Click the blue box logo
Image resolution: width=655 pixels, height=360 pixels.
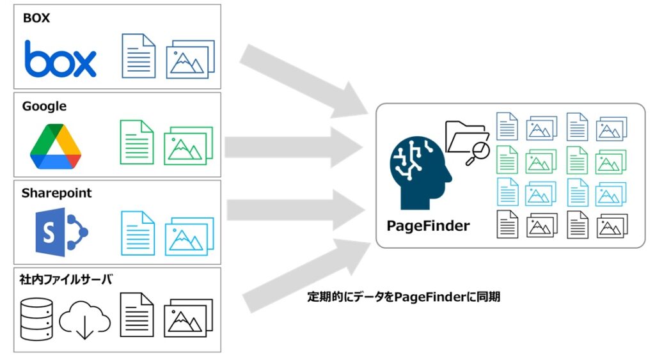pos(60,59)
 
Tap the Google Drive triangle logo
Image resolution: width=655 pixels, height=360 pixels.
pos(56,146)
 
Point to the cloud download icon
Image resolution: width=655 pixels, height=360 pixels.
pos(84,318)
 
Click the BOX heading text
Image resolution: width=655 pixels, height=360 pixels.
pos(36,18)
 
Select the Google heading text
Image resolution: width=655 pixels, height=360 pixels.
pos(44,106)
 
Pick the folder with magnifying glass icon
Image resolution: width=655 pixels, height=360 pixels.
pos(467,141)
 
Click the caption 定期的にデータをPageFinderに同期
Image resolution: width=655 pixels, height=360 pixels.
pos(404,297)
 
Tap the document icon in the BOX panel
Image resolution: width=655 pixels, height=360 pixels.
pos(139,56)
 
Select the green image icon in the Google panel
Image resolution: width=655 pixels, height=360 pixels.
pos(188,145)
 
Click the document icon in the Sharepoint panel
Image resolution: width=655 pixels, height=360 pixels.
pos(138,233)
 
